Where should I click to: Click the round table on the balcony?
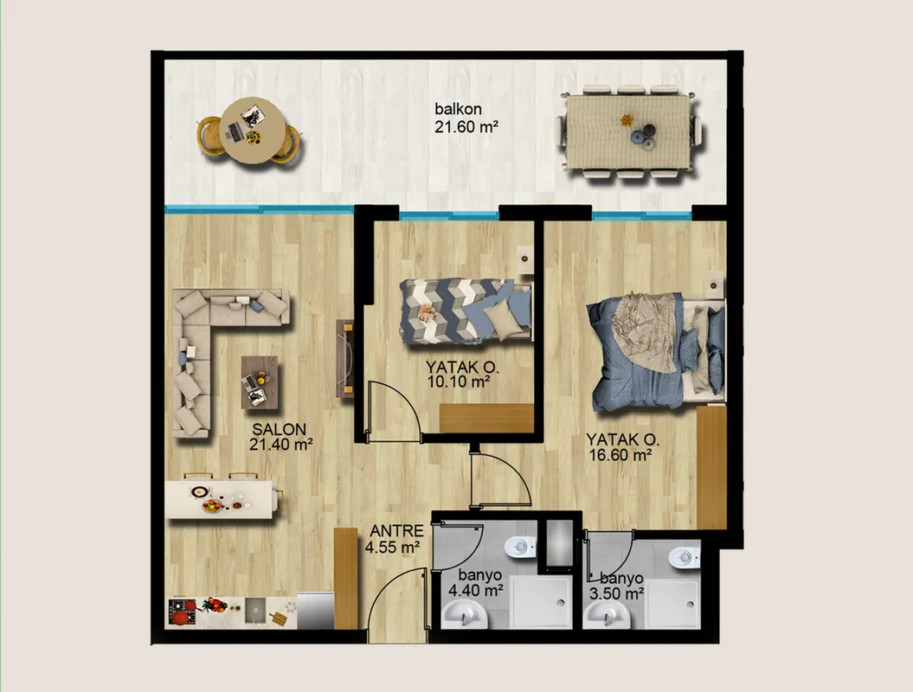click(252, 131)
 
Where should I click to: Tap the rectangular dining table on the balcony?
click(627, 131)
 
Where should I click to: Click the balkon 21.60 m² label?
click(466, 119)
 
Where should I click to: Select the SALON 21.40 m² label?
click(280, 437)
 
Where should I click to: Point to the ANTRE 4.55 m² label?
click(394, 539)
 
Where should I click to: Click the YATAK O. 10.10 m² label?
click(462, 375)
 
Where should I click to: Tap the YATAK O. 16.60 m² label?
click(621, 447)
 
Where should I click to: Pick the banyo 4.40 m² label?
click(476, 583)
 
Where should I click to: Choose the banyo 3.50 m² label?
click(616, 586)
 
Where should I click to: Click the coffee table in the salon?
click(260, 382)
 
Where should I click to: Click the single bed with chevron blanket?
click(466, 311)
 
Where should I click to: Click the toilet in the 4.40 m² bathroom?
click(519, 547)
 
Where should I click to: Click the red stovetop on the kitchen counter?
click(183, 612)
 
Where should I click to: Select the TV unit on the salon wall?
click(344, 358)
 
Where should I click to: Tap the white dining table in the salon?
click(222, 499)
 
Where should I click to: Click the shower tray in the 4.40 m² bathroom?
click(541, 603)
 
